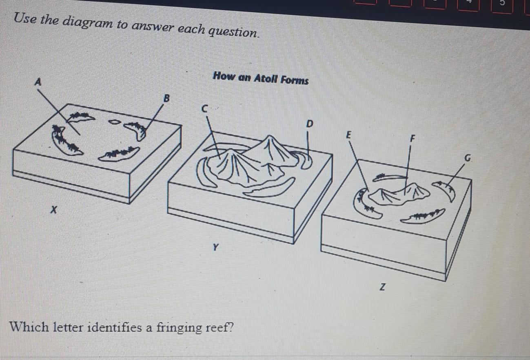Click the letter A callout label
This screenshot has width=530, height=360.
click(x=38, y=82)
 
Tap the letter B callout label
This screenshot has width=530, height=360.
click(x=167, y=98)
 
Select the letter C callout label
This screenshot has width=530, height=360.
click(x=204, y=109)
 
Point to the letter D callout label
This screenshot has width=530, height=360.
click(x=310, y=124)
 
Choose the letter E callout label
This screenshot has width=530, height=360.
click(x=348, y=135)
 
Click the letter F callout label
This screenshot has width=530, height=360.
click(x=412, y=139)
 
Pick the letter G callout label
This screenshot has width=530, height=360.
click(x=467, y=158)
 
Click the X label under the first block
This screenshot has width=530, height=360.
click(x=54, y=210)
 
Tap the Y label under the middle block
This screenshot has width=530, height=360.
click(x=215, y=247)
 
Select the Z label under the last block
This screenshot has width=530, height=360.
click(x=382, y=287)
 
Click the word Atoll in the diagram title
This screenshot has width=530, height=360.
click(x=265, y=78)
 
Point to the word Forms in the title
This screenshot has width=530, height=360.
click(x=295, y=80)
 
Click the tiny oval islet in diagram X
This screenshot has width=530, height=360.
click(x=114, y=122)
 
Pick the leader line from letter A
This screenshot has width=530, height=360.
click(x=59, y=112)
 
